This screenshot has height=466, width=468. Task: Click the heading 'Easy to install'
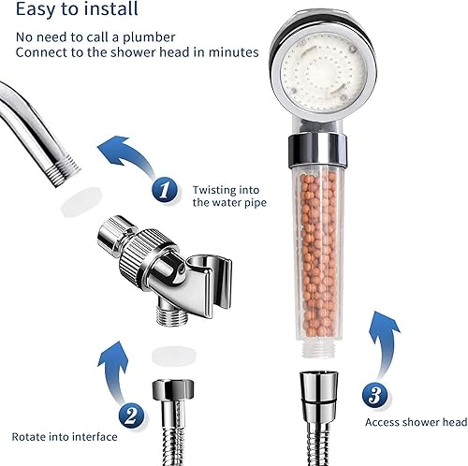[75, 11]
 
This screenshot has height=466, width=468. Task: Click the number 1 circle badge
[164, 190]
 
